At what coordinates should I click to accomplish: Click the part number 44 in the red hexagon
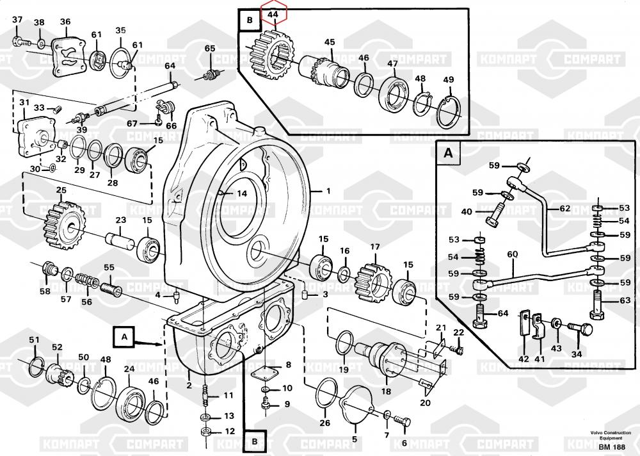tap(273, 14)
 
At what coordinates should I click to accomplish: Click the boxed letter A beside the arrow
tap(124, 335)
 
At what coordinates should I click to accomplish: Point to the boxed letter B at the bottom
tap(254, 441)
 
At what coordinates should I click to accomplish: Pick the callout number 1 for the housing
tap(328, 191)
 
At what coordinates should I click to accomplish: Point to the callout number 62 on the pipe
tap(564, 209)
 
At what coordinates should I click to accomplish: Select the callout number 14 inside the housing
tap(241, 193)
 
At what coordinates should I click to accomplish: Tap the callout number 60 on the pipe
tap(513, 254)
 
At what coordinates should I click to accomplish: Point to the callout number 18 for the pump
tap(385, 391)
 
